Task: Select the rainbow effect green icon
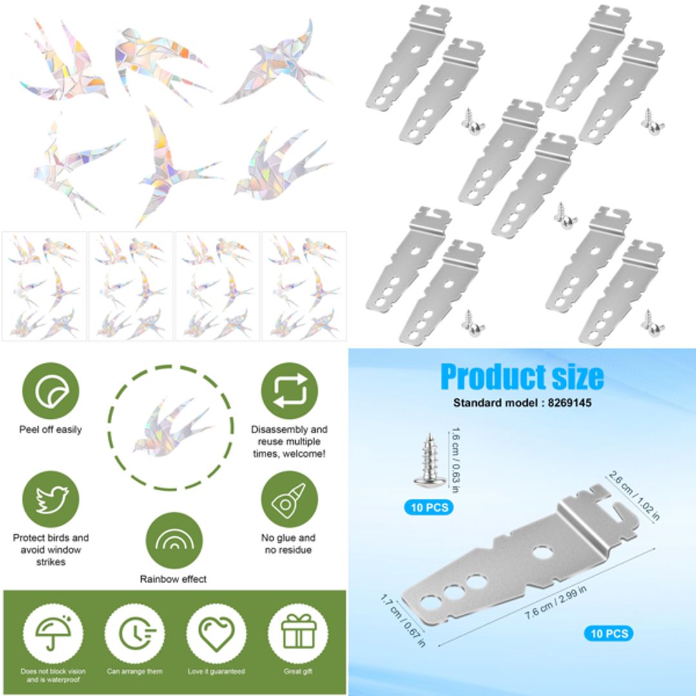point(174,540)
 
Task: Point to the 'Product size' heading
point(522,377)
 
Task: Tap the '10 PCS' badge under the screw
point(429,507)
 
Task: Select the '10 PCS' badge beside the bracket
point(608,633)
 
